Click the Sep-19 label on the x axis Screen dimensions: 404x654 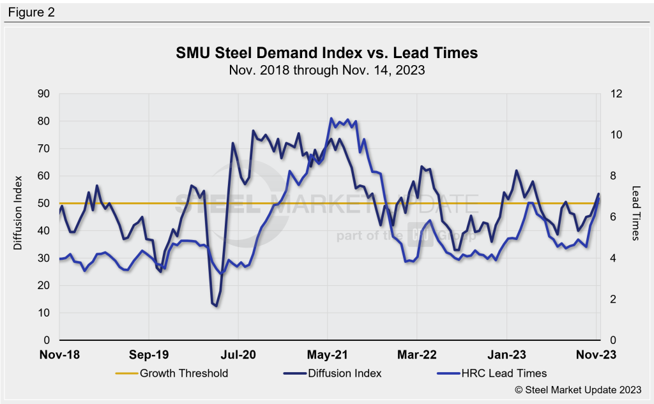coord(149,353)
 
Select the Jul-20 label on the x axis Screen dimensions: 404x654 coord(238,353)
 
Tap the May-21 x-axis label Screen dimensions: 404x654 coord(328,353)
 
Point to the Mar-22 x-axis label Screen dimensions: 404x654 coord(417,353)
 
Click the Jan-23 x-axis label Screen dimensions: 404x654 coord(506,353)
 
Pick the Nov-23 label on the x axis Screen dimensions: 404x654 coord(596,353)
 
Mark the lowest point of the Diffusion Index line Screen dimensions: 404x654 coord(216,306)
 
